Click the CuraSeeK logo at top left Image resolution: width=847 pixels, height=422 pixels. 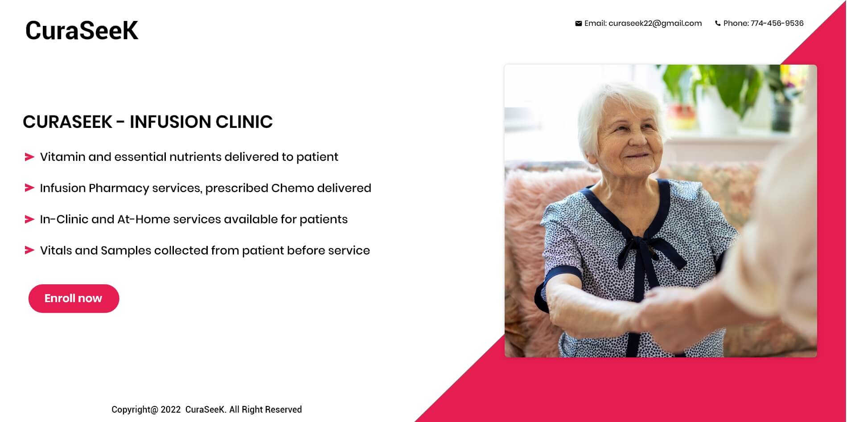click(x=82, y=30)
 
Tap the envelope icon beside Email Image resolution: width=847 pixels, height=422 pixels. click(x=578, y=24)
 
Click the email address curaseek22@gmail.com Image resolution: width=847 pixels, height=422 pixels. click(x=655, y=24)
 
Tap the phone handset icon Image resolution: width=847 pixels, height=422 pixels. click(x=718, y=24)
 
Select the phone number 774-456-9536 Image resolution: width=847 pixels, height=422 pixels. click(x=777, y=23)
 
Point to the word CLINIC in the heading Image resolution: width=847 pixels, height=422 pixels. click(x=244, y=122)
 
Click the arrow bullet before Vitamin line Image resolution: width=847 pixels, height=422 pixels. click(x=29, y=157)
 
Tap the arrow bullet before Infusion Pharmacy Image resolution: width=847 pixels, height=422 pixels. click(x=29, y=188)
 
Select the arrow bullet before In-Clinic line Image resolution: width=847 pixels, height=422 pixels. click(x=29, y=219)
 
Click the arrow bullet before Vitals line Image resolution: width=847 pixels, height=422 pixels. click(x=29, y=250)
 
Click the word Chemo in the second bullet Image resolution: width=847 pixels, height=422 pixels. click(x=292, y=188)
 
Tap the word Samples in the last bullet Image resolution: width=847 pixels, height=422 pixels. click(x=126, y=251)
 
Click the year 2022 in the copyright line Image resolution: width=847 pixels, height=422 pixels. click(x=171, y=410)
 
